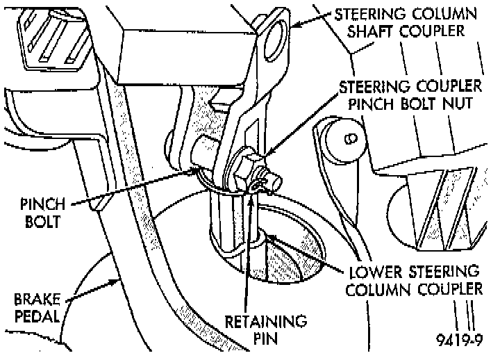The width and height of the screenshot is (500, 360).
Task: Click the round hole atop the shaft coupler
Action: click(275, 31)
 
